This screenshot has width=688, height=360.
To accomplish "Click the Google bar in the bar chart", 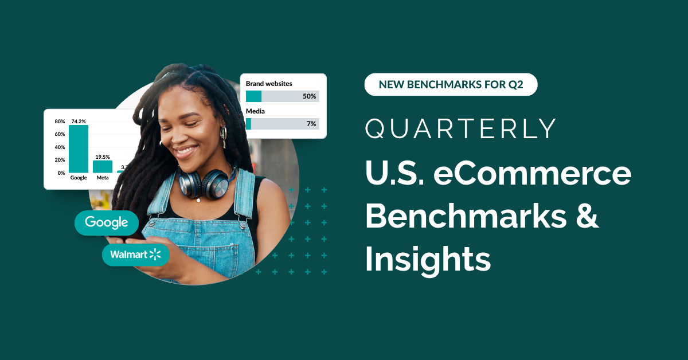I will (79, 149).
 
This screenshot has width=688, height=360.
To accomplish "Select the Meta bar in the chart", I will (103, 166).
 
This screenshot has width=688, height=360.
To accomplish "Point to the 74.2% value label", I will (79, 122).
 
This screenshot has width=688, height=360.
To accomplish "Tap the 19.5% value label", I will (103, 156).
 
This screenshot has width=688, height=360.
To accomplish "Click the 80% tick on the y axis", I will (60, 122).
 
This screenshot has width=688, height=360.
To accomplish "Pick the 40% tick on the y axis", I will (60, 147).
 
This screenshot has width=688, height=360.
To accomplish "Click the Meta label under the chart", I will (103, 178).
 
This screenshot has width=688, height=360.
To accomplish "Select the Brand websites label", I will (269, 84).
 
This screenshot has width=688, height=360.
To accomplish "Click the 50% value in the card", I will (310, 96).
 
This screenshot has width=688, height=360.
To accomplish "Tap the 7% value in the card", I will (311, 124).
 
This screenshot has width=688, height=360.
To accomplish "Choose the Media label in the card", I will (255, 111).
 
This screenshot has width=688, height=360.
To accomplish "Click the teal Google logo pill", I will (107, 222).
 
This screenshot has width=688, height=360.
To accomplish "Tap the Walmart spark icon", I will (155, 255).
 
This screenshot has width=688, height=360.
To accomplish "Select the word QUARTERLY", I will (461, 129).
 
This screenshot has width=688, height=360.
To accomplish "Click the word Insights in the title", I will (428, 259).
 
